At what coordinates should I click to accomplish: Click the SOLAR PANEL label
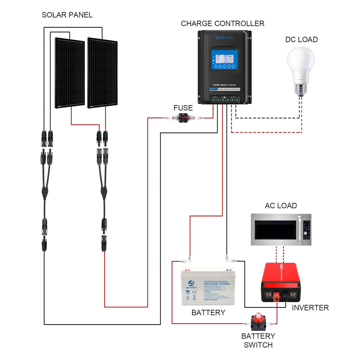(67, 15)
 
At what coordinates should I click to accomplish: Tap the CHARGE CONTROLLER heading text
(222, 24)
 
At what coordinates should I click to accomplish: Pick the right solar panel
(102, 73)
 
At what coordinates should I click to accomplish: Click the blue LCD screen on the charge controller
(224, 59)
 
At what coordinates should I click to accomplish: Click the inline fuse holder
(183, 118)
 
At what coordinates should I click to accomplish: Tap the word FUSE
(183, 108)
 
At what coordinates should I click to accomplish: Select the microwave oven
(281, 230)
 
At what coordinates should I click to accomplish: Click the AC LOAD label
(281, 206)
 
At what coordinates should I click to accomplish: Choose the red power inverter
(280, 282)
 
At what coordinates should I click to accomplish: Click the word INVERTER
(310, 308)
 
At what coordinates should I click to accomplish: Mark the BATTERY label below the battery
(208, 313)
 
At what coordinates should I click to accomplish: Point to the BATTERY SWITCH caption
(258, 340)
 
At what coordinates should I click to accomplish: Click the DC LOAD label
(301, 40)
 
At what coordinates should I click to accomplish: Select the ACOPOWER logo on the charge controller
(224, 38)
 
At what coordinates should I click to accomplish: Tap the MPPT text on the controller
(213, 89)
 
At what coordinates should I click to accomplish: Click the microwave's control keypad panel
(306, 230)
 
